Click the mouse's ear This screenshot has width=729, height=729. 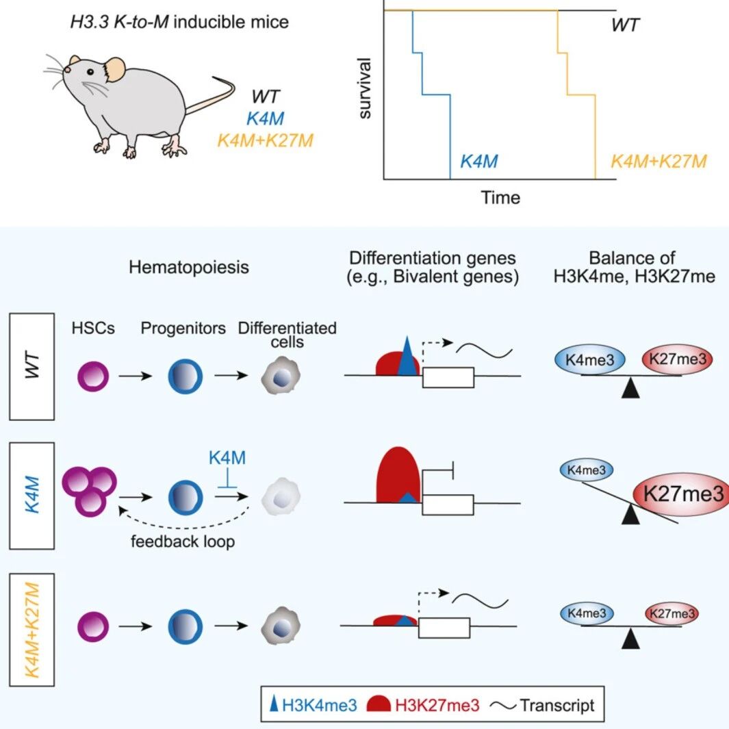coord(114,70)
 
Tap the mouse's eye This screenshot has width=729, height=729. coord(90,72)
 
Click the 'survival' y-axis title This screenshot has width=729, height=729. coord(365,88)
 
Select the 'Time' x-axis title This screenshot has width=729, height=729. coord(500,198)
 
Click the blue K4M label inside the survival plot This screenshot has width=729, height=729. coord(479,162)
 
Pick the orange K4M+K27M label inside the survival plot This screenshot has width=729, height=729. coord(658,162)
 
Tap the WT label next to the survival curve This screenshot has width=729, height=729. coord(626,25)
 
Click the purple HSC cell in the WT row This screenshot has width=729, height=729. coord(93,376)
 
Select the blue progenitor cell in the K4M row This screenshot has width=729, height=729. coord(185,498)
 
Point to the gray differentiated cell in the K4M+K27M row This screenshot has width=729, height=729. coord(281,626)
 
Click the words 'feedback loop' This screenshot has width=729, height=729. coord(183,541)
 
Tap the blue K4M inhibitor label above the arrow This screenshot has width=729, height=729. coord(227,458)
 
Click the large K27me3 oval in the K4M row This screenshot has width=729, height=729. coord(680,494)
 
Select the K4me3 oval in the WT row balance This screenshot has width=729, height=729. coord(589,359)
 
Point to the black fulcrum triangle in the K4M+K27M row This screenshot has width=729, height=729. coord(630,639)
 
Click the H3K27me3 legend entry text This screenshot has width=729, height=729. coord(437,705)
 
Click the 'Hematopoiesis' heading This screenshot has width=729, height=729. coord(189,268)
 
